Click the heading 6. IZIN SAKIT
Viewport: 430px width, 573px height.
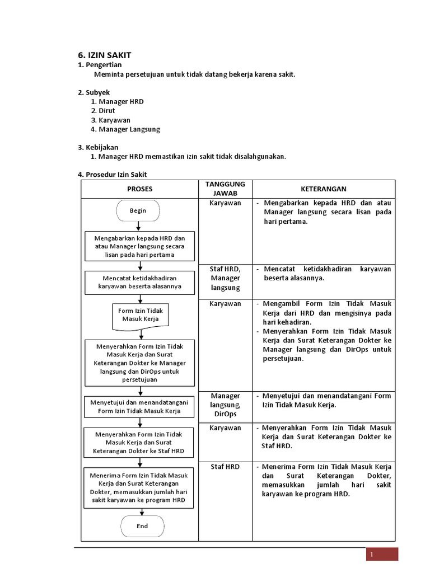click(x=104, y=55)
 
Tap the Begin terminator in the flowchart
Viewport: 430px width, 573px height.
click(x=138, y=211)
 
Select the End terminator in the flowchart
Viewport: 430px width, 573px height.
click(x=142, y=526)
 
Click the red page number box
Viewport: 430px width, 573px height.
click(x=382, y=554)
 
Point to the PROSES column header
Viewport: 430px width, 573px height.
click(x=139, y=189)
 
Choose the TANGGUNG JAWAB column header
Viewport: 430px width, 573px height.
click(x=225, y=189)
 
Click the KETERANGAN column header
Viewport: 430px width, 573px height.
click(x=323, y=189)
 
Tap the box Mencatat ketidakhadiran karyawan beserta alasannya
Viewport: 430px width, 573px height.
click(x=139, y=283)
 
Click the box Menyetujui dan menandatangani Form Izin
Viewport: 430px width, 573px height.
click(x=139, y=406)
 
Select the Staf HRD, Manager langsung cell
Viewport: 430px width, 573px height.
click(x=225, y=278)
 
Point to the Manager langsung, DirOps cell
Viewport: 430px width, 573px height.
click(x=225, y=405)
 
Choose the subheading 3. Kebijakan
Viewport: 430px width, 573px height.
click(x=98, y=147)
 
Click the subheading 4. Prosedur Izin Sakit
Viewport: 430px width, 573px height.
click(x=112, y=175)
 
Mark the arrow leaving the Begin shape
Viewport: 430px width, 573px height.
click(x=138, y=226)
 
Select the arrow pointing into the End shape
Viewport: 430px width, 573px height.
click(x=140, y=511)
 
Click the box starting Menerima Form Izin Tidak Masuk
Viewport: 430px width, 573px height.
click(x=139, y=488)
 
